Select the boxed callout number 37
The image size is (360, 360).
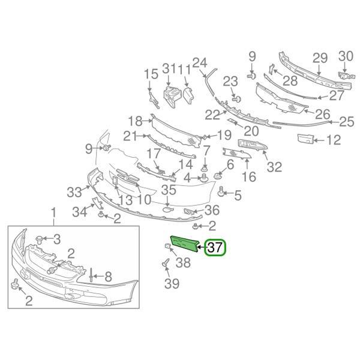(x=215, y=247)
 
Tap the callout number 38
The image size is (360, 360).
(x=183, y=262)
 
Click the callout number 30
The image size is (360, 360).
(x=346, y=56)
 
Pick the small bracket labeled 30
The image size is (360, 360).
(x=346, y=76)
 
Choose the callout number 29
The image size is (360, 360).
(x=320, y=58)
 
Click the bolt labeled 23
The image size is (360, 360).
(x=237, y=100)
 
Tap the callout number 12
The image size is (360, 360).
(x=334, y=140)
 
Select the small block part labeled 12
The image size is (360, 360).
(x=305, y=139)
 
